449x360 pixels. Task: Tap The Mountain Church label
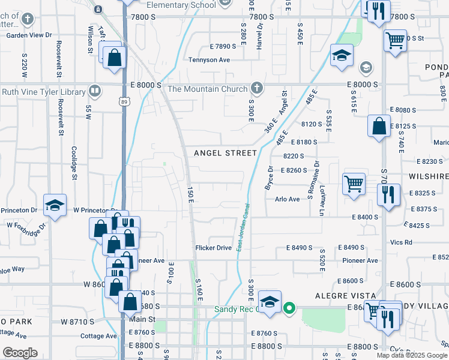[x=207, y=89]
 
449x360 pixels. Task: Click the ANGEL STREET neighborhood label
[x=225, y=153]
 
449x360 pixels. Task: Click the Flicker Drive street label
[x=213, y=248]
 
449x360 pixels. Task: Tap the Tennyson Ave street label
[x=209, y=60]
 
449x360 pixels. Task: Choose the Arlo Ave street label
[x=287, y=199]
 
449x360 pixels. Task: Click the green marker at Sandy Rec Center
[x=289, y=309]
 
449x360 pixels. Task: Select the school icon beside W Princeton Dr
[x=55, y=205]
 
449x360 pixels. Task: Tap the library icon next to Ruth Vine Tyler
[x=94, y=91]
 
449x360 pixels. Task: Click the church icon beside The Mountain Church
[x=257, y=89]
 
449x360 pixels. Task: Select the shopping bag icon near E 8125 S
[x=379, y=126]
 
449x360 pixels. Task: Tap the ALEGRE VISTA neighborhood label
[x=346, y=296]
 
